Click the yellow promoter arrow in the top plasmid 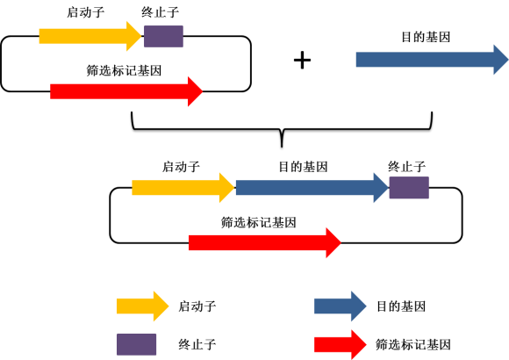(x=90, y=36)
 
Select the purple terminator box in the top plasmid (x=163, y=36)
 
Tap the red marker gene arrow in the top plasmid (x=126, y=91)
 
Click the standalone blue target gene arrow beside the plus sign (x=432, y=60)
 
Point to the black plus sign (x=302, y=60)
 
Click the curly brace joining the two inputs (x=282, y=130)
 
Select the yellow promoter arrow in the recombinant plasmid (x=183, y=188)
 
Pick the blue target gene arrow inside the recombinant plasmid (x=312, y=188)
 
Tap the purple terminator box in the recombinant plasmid (x=409, y=188)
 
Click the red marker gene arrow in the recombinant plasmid (x=265, y=242)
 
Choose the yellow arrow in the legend (x=142, y=306)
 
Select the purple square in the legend (x=136, y=344)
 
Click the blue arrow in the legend (x=341, y=306)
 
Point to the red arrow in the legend (x=341, y=344)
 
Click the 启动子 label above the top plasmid (x=86, y=12)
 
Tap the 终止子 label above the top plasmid (x=161, y=12)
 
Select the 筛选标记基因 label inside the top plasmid (x=124, y=70)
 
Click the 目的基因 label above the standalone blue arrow (x=426, y=37)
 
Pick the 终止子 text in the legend (x=197, y=344)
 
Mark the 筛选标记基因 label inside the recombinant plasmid (x=259, y=222)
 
